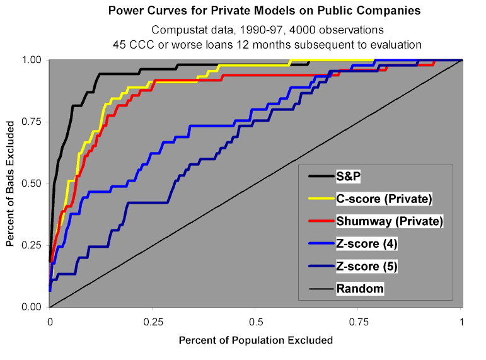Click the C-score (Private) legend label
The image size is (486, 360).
(383, 199)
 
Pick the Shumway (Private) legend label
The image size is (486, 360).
(390, 221)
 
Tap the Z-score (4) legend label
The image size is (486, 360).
(367, 244)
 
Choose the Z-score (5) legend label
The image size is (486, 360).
(367, 266)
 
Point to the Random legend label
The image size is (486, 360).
(360, 289)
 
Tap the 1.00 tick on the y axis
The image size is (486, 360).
(31, 60)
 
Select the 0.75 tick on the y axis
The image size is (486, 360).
(31, 122)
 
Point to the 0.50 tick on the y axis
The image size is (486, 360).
(31, 183)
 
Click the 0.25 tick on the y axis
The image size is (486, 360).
(31, 245)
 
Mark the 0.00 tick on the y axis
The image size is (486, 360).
(31, 307)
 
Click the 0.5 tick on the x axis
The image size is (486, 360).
(255, 321)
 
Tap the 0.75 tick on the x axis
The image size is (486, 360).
(359, 321)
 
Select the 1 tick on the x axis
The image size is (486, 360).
(462, 321)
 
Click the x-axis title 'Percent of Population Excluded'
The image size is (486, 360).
(255, 340)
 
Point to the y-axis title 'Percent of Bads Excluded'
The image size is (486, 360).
(11, 183)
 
